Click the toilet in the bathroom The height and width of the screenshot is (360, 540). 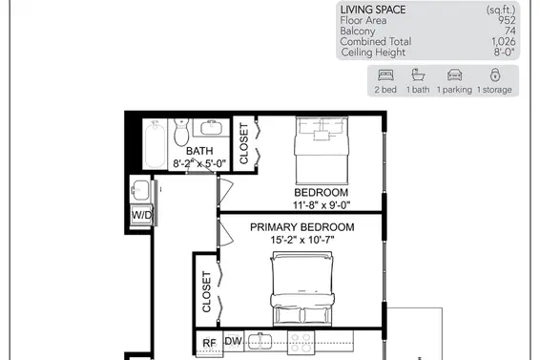181,133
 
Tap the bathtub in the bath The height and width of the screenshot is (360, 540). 155,144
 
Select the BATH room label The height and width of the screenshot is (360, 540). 199,151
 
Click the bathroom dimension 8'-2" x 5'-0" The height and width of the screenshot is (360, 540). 199,163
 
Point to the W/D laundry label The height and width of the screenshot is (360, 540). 141,215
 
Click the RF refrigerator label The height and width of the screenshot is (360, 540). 209,343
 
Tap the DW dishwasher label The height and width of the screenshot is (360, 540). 234,341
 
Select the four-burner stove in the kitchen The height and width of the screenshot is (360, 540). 301,343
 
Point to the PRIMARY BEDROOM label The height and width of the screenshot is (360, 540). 302,227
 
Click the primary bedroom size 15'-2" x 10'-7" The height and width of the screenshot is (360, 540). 302,240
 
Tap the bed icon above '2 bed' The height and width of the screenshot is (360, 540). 385,74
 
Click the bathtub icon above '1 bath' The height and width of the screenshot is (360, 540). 418,74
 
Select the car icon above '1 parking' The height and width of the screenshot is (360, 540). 454,74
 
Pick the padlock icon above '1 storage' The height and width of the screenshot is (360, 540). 495,74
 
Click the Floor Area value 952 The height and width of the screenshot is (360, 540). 507,20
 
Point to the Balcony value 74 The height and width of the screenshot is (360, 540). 510,31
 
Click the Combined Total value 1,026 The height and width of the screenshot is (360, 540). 503,41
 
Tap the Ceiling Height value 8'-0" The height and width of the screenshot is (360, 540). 505,53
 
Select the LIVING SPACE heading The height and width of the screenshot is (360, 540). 373,10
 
